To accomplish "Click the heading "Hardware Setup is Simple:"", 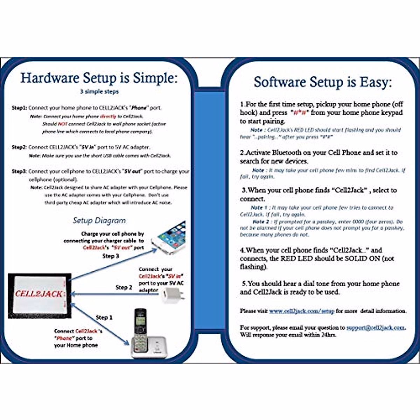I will click(99, 78).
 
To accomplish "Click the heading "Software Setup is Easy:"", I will click(322, 83).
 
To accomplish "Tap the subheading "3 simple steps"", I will click(99, 92).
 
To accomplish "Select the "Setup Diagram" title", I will click(99, 220).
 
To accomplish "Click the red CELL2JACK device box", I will click(40, 295).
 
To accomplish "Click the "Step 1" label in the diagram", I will click(104, 317).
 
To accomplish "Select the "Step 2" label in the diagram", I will click(124, 287).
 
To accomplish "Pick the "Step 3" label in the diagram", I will click(111, 256).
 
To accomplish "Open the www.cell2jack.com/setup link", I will click(302, 311).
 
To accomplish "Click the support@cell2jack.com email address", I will click(376, 328).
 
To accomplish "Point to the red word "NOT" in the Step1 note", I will click(63, 124).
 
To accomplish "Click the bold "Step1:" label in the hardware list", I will click(19, 108).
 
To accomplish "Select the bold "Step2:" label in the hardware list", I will click(19, 147).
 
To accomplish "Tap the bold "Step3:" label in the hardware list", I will click(19, 171).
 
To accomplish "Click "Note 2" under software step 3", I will click(261, 222).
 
